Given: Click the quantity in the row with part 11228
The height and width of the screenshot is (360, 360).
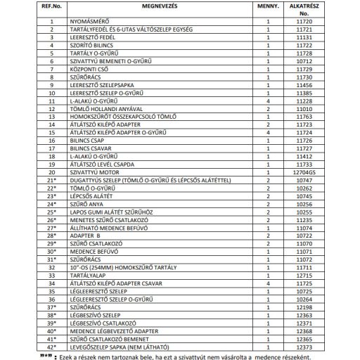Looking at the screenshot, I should (268, 101).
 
